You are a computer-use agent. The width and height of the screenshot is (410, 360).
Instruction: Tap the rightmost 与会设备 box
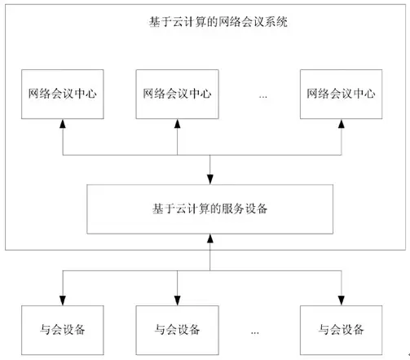tap(341, 329)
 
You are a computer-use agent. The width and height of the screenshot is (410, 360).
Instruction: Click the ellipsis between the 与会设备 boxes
tap(255, 331)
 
